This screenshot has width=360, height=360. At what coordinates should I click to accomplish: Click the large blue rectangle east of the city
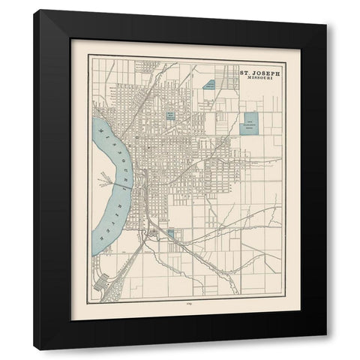[248, 123]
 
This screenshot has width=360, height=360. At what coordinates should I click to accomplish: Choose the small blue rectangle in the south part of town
[171, 234]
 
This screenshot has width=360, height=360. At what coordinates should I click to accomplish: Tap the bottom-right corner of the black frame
[326, 335]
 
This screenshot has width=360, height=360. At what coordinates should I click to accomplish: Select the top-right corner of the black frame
[326, 25]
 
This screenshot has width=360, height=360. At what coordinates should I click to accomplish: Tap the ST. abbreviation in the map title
[244, 73]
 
